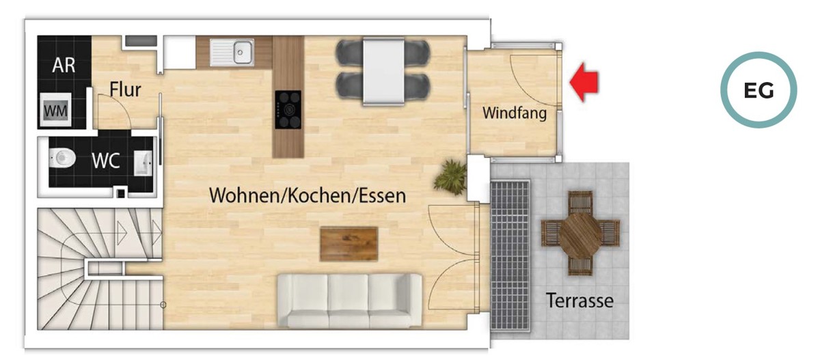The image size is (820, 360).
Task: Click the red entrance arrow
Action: tap(584, 82)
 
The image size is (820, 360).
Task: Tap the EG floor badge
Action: tap(758, 90)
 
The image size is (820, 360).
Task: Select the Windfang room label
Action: tap(515, 113)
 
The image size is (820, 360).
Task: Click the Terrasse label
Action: tap(579, 301)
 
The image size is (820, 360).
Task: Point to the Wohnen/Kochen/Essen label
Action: tap(307, 195)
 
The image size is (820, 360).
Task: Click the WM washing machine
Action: tap(55, 109)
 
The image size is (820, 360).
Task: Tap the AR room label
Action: tap(64, 65)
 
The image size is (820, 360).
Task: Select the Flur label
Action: tap(125, 89)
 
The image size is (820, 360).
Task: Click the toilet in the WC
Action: tap(62, 158)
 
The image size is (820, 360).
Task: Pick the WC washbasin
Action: tap(143, 163)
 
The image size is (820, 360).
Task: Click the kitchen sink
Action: tap(232, 53)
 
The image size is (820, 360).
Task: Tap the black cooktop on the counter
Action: tap(288, 109)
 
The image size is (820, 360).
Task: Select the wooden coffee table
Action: tap(349, 244)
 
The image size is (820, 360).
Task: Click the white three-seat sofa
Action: tap(350, 301)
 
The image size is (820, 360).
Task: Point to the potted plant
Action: tap(450, 178)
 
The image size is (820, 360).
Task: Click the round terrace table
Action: tap(580, 234)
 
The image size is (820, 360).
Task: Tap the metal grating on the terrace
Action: tap(510, 255)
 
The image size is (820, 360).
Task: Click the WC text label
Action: tap(106, 161)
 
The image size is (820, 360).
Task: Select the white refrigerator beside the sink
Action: tap(179, 52)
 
